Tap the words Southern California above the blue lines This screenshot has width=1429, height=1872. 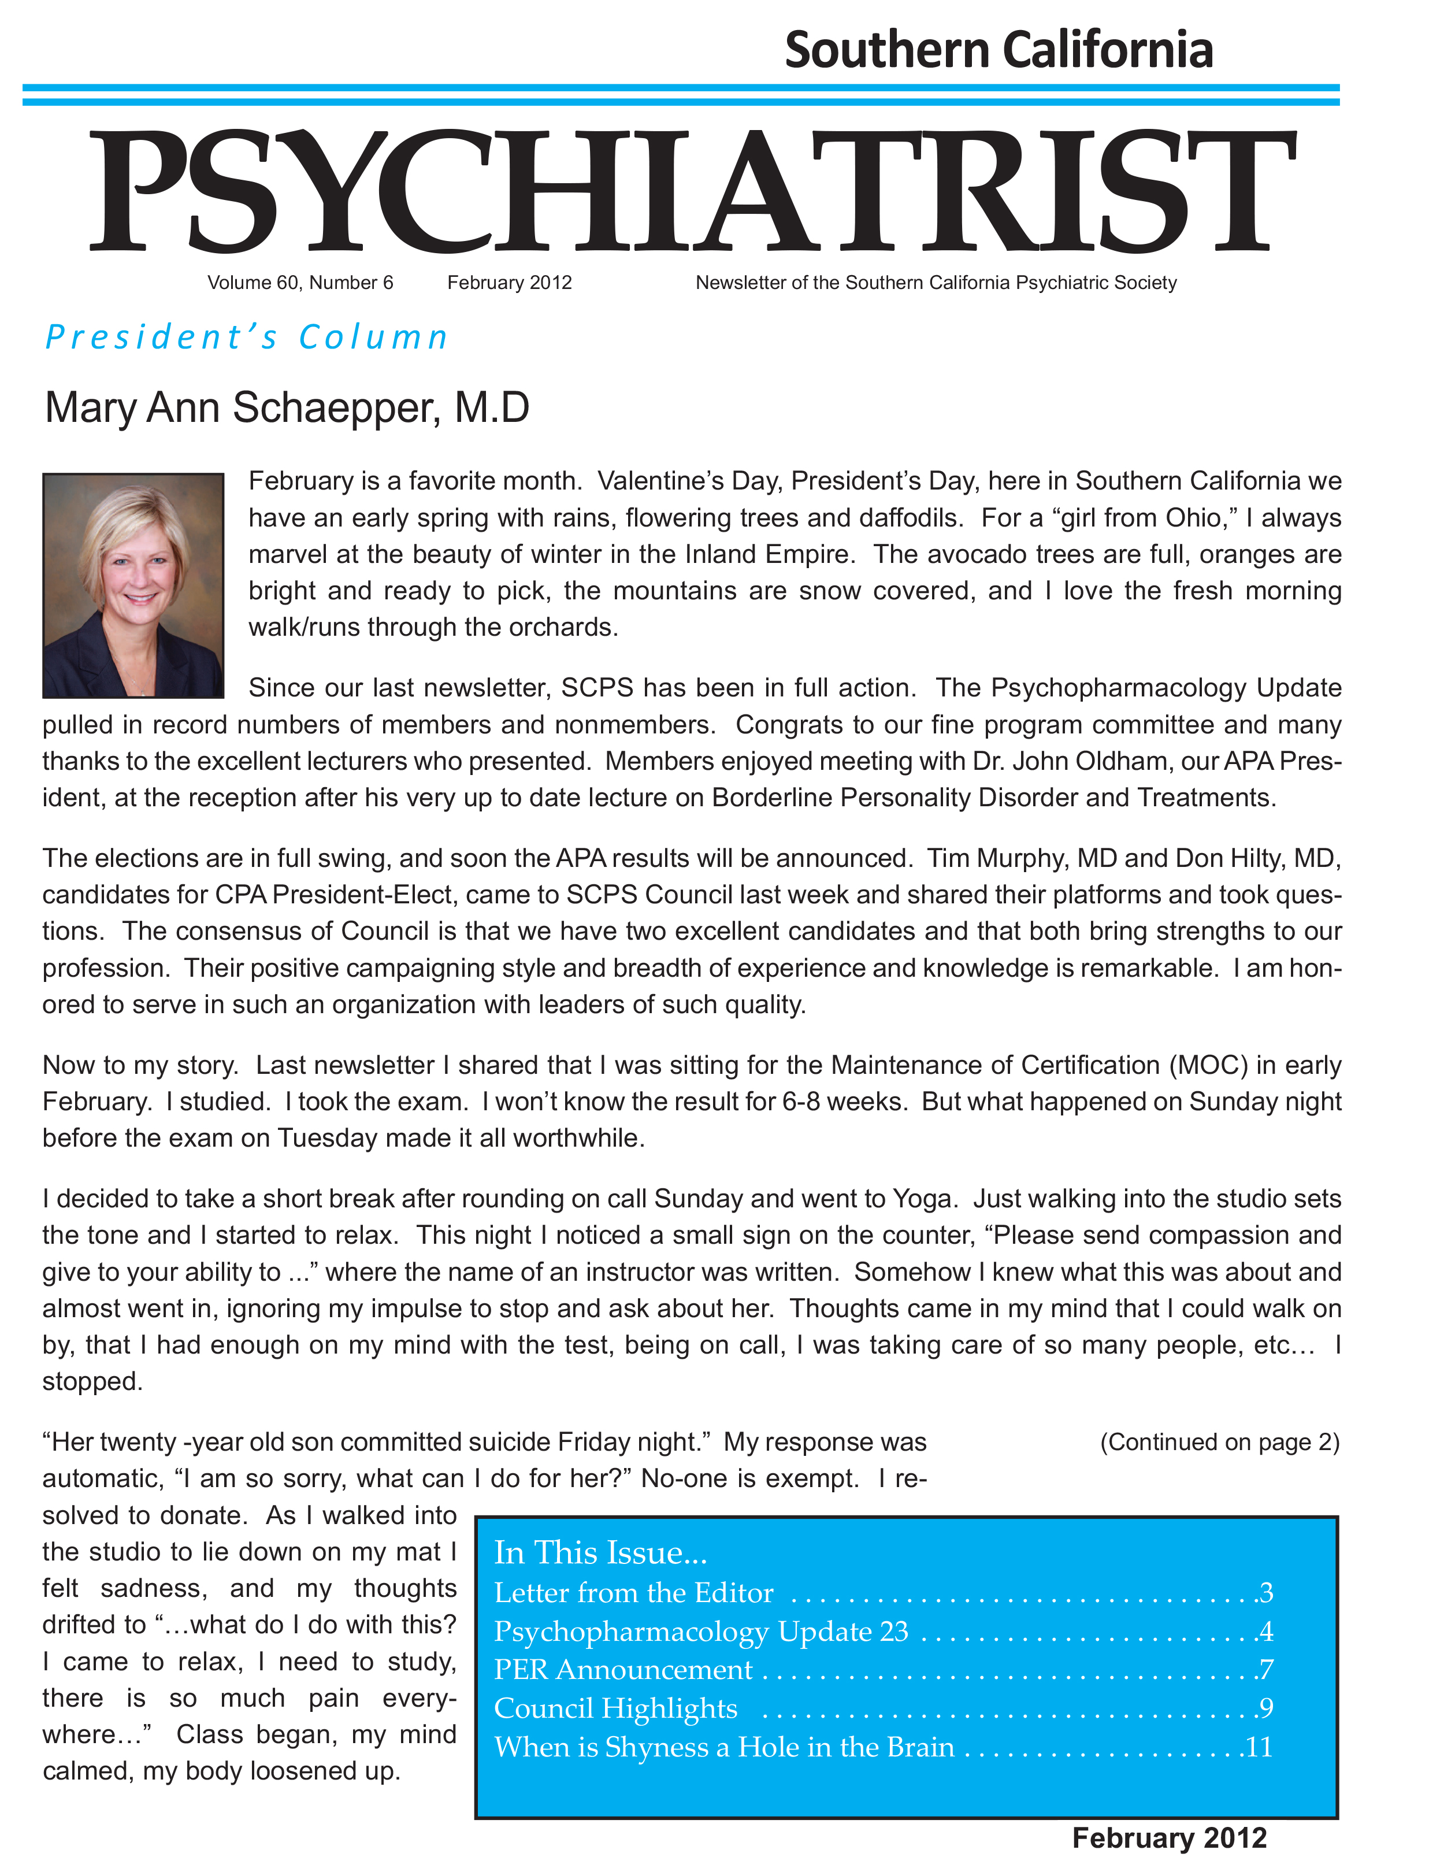999,49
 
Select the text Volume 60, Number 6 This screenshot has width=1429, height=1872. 300,283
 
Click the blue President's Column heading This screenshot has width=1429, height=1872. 247,338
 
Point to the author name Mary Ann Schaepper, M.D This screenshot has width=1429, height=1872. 287,407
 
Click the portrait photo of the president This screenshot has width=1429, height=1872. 133,586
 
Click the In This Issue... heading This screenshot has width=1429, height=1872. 600,1553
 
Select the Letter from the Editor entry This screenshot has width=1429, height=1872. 634,1593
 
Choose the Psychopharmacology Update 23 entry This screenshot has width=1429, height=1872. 701,1632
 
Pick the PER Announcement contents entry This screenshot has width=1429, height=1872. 623,1670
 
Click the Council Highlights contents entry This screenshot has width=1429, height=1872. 616,1708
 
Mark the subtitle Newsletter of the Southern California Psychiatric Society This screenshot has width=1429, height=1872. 936,283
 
